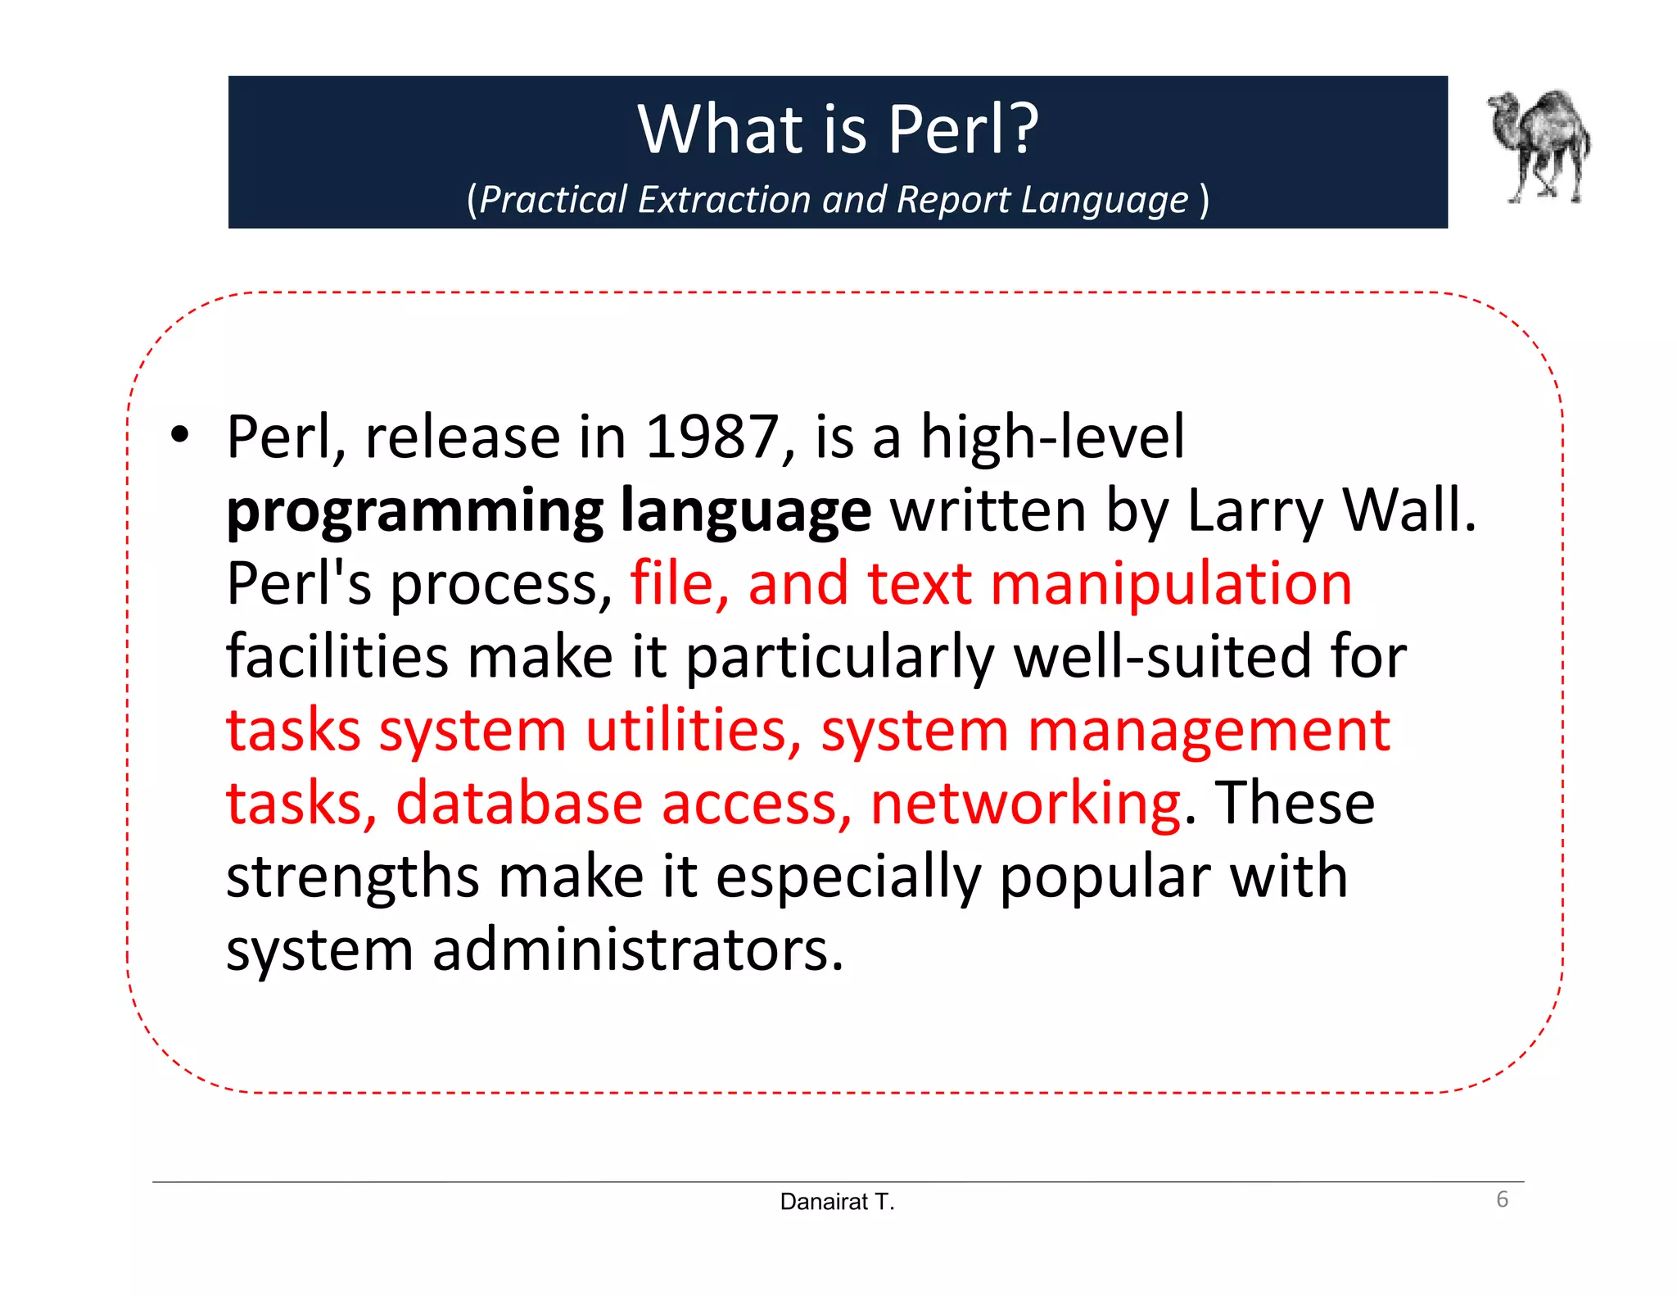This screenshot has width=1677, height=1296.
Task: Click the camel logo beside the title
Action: pyautogui.click(x=1539, y=146)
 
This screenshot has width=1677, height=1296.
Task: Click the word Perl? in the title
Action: pyautogui.click(x=964, y=129)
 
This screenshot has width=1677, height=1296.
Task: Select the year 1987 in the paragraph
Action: pyautogui.click(x=712, y=437)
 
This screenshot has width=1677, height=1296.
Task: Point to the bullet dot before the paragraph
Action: pyautogui.click(x=179, y=435)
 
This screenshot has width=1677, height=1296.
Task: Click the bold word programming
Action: pyautogui.click(x=415, y=511)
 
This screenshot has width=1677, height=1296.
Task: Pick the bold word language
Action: pyautogui.click(x=746, y=511)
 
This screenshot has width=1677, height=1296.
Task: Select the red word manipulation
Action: pyautogui.click(x=1171, y=583)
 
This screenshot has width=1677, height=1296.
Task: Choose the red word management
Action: pyautogui.click(x=1209, y=731)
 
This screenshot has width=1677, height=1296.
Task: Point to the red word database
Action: pyautogui.click(x=519, y=803)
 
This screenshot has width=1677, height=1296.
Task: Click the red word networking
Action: pyautogui.click(x=1025, y=803)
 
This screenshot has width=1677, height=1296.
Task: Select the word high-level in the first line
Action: pyautogui.click(x=1053, y=437)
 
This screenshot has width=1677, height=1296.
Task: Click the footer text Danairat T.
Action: pyautogui.click(x=837, y=1202)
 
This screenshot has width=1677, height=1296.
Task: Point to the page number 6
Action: pyautogui.click(x=1502, y=1199)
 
